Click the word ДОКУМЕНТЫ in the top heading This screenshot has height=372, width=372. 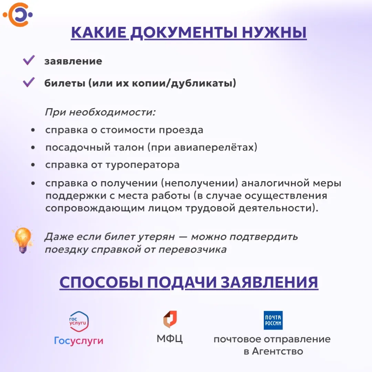coord(184,33)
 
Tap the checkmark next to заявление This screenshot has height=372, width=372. coord(29,60)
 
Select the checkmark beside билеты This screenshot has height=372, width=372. coord(29,82)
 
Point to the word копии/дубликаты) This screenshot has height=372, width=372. coord(184,83)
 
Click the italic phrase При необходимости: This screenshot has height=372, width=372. coord(100,112)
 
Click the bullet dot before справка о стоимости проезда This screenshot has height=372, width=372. coord(33,130)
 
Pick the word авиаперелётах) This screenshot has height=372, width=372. coord(215,147)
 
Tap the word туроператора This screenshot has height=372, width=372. coord(142,165)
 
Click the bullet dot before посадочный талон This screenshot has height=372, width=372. coord(33,147)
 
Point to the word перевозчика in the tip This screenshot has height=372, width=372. coord(193,250)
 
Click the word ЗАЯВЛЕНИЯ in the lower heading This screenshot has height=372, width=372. coord(269,282)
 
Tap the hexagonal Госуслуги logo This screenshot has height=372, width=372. coord(79,321)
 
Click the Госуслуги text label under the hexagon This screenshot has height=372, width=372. coord(79,341)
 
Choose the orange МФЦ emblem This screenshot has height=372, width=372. coord(170,319)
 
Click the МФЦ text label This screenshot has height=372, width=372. coord(169,339)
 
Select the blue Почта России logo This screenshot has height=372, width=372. coord(273,320)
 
